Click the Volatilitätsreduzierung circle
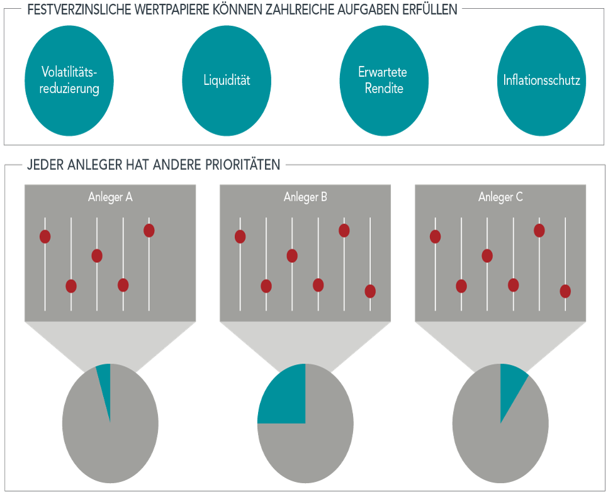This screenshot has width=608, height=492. pos(69,80)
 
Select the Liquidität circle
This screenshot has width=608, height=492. pos(227,80)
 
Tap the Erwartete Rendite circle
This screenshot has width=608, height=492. pos(384,80)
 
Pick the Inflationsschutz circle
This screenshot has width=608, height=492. pos(541,80)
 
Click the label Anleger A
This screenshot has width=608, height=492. pos(110,197)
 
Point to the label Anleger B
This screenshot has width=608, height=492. pos(305,197)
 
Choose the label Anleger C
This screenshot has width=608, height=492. pos(500,197)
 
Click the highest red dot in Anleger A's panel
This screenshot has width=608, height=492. pos(149,230)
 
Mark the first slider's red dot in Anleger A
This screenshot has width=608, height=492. pos(45,237)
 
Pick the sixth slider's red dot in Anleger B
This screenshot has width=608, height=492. pos(370,291)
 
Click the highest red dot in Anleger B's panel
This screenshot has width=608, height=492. pos(344,230)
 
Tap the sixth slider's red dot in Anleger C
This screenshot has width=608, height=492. pos(565,291)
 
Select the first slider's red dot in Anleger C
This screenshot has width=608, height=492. pos(435,237)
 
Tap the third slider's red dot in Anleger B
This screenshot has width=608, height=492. pos(292,255)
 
